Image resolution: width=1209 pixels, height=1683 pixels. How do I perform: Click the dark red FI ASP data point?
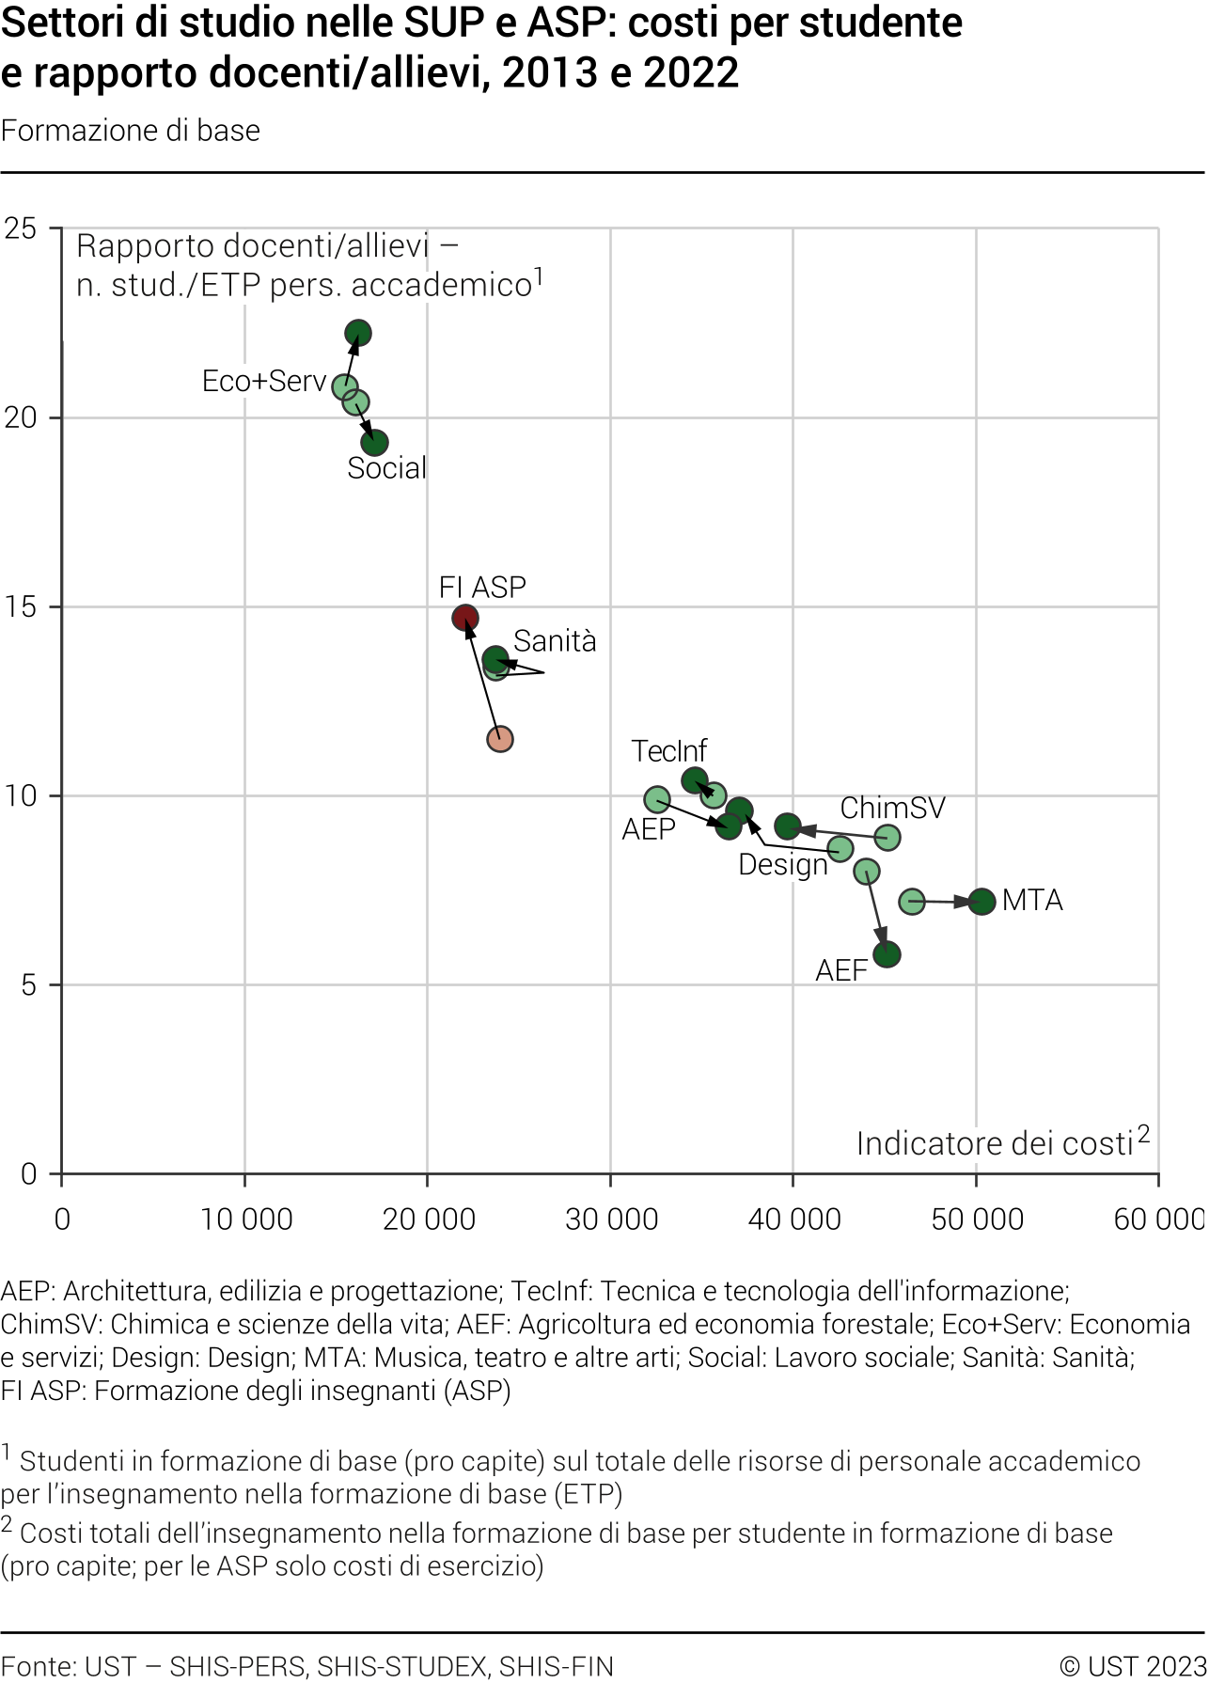tap(465, 618)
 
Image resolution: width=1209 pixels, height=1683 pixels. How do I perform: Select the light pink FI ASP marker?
tap(500, 739)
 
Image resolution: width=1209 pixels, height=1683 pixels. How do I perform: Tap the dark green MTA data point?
tap(981, 902)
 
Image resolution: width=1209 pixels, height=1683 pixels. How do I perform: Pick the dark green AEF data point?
tap(887, 955)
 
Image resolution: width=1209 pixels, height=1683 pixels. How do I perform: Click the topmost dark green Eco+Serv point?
tap(358, 333)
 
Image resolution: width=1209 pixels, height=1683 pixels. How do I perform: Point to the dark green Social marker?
tap(375, 443)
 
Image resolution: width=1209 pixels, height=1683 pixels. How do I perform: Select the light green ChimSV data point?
tap(887, 837)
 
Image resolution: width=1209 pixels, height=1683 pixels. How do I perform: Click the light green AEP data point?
tap(657, 800)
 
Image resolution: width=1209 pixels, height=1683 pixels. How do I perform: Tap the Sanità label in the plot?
tap(555, 641)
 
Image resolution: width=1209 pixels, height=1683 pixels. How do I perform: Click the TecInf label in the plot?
tap(668, 751)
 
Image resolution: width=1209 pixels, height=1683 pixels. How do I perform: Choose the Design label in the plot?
tap(782, 865)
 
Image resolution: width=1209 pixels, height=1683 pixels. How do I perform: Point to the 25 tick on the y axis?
tap(21, 228)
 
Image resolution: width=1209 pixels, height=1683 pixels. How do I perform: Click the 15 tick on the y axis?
tap(21, 606)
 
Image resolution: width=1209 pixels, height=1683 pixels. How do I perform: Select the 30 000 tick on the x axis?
tap(611, 1219)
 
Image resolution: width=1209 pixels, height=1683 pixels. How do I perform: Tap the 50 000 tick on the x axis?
tap(977, 1219)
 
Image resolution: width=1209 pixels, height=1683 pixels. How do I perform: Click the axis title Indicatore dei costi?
tap(994, 1144)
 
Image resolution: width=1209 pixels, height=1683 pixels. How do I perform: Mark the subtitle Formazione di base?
tap(131, 131)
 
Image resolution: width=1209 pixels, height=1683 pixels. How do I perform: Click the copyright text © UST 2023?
tap(1132, 1666)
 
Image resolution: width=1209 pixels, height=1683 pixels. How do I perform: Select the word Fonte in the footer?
tap(38, 1666)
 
